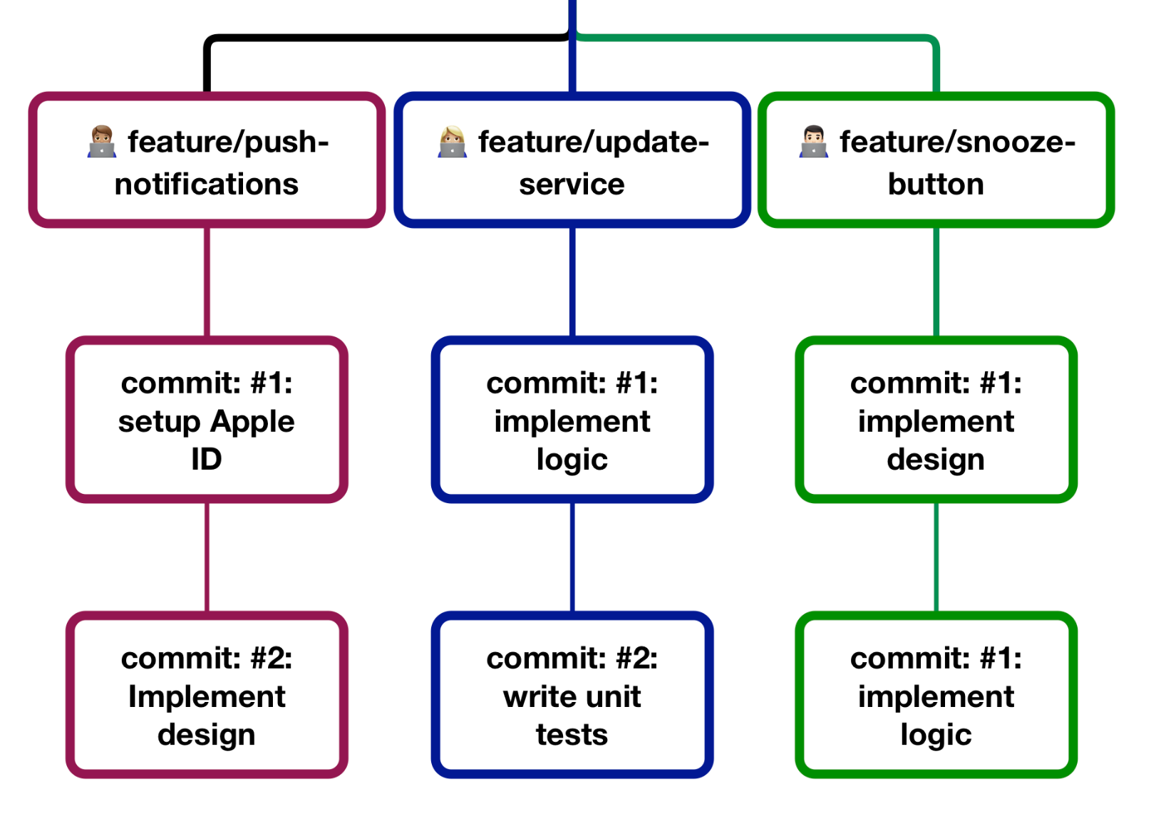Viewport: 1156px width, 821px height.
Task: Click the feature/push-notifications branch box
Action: tap(207, 161)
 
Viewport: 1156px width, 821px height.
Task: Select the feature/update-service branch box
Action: tap(572, 161)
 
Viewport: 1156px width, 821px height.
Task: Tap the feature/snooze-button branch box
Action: tap(936, 161)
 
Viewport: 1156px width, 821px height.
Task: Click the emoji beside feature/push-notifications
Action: tap(102, 142)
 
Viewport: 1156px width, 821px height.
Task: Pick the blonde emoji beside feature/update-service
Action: tap(452, 142)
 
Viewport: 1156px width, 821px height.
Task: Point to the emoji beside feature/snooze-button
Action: tap(813, 142)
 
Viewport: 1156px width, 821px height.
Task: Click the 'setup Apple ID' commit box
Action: tap(207, 420)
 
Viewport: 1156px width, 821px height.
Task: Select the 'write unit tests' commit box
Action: tap(572, 696)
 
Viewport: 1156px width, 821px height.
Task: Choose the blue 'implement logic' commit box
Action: tap(572, 420)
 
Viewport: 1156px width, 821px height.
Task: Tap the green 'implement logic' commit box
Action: tap(936, 696)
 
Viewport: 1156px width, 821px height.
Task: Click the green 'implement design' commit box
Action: tap(936, 420)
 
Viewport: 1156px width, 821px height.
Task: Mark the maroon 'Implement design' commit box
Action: tap(207, 696)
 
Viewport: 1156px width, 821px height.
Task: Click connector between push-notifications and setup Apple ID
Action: tap(207, 282)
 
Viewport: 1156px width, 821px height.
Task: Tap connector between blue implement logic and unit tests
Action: tap(572, 556)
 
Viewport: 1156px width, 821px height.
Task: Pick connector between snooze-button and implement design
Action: tap(936, 282)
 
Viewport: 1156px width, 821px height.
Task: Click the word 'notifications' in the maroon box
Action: tap(207, 185)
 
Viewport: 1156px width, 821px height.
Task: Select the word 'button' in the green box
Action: tap(936, 185)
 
